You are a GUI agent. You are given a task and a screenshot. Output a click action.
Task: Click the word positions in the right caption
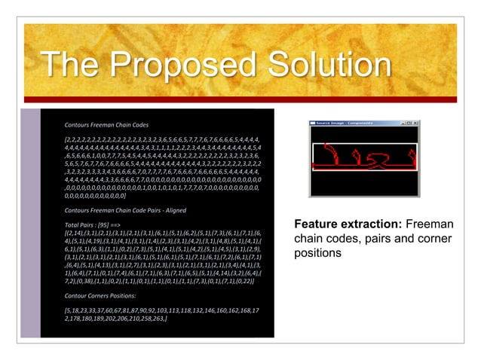(x=318, y=254)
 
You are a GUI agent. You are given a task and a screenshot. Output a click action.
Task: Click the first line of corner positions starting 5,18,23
(x=161, y=312)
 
